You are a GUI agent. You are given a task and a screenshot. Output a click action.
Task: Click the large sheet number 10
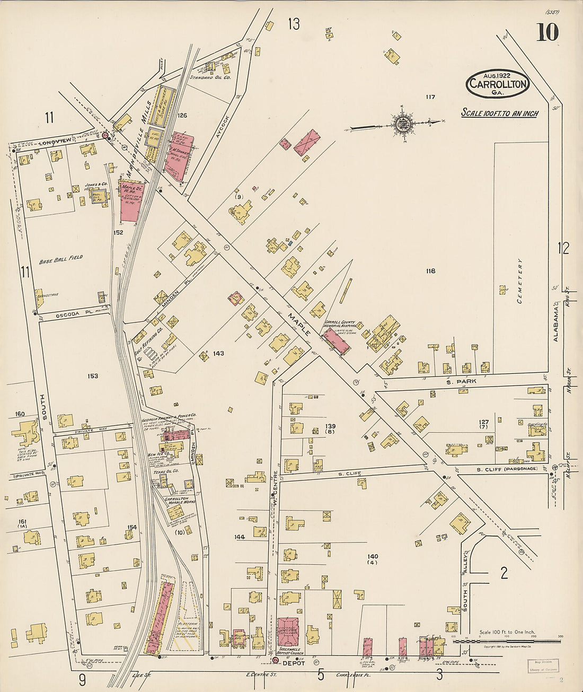546,33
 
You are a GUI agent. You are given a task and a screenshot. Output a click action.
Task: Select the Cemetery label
520,281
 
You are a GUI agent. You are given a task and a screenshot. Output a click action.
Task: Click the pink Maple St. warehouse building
129,202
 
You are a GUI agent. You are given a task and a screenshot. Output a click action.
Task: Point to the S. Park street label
461,381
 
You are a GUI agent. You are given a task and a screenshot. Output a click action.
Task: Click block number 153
93,376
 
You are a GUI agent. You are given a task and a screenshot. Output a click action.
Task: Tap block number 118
430,271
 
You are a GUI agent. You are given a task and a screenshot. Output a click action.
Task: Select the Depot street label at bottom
292,663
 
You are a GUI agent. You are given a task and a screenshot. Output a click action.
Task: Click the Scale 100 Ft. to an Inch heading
499,113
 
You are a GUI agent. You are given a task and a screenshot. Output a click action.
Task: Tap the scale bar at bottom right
506,641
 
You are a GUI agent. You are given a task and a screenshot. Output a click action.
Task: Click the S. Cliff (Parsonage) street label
506,469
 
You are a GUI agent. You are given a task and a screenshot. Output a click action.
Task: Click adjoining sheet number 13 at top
294,24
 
